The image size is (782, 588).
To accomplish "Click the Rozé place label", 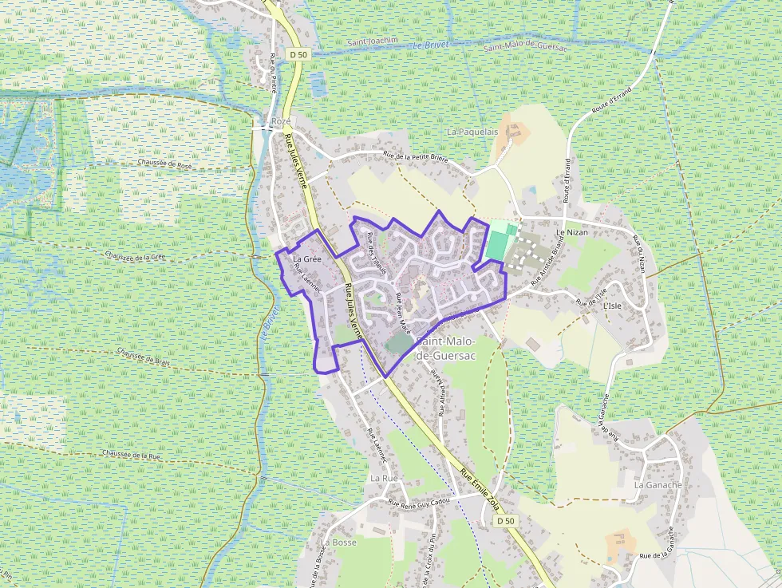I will click(x=281, y=121).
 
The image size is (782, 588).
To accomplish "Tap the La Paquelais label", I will click(x=472, y=132).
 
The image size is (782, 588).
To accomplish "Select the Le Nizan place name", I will click(x=571, y=232).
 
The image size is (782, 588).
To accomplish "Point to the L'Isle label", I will click(x=612, y=306).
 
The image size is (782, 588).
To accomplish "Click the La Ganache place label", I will click(x=658, y=484).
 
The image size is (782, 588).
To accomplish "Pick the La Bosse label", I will click(x=338, y=542).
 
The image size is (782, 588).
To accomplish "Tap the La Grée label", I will click(x=306, y=259).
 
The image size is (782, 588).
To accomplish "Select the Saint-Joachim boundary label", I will click(x=373, y=41).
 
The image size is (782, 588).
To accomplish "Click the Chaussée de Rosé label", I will click(x=164, y=165).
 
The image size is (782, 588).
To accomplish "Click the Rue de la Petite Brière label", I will click(x=415, y=157).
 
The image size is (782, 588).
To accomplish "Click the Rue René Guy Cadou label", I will click(x=419, y=502).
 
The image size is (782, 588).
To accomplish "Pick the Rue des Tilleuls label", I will click(x=377, y=254).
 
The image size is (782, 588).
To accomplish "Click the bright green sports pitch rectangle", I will click(x=496, y=245).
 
